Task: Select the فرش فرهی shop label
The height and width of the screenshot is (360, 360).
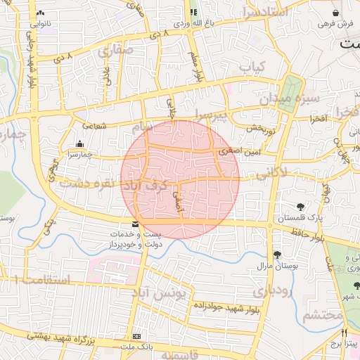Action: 334,24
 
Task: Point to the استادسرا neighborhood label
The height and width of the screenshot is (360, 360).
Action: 264,12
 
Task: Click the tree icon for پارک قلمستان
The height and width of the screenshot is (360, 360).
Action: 300,207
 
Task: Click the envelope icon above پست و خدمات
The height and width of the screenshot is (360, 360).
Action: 135,224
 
